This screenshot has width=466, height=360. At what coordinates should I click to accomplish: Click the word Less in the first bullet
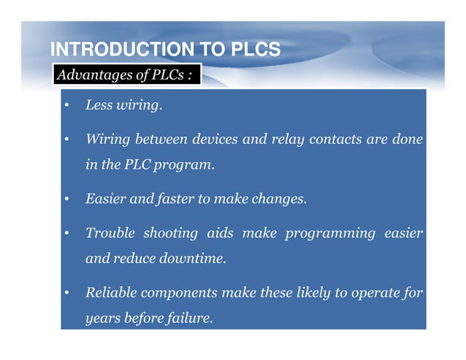pyautogui.click(x=97, y=106)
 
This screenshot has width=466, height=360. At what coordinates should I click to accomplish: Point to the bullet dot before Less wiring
pyautogui.click(x=66, y=106)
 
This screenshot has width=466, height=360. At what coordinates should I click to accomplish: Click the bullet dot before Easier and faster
pyautogui.click(x=66, y=199)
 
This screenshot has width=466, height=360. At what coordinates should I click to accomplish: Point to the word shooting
pyautogui.click(x=172, y=233)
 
